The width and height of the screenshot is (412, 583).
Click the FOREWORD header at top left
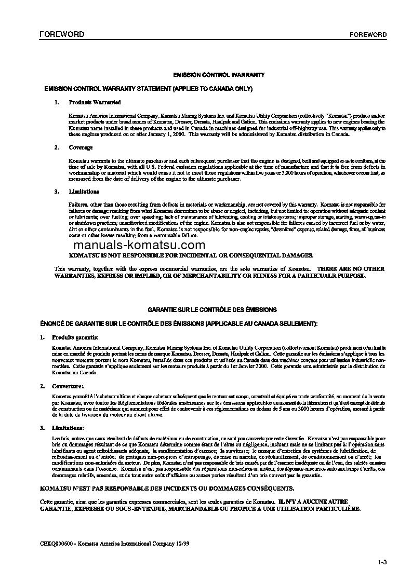(x=62, y=34)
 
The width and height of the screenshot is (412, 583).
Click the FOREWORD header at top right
(x=368, y=35)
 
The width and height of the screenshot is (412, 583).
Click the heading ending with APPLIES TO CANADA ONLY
(x=149, y=89)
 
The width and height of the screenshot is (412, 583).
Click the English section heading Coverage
(x=81, y=147)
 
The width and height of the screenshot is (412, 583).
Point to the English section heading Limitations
(x=84, y=192)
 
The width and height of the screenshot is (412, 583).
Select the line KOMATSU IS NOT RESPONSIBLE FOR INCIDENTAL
(x=191, y=255)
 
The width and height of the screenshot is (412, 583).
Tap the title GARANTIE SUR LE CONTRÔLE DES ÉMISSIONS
(x=212, y=309)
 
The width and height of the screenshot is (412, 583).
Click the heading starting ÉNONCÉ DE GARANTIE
(x=178, y=323)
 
